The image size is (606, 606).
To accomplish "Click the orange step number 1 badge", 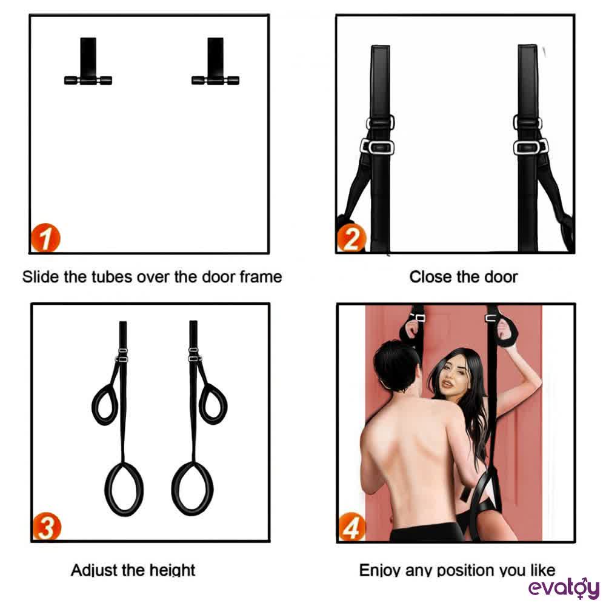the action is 45,238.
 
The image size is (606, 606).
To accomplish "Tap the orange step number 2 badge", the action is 351,238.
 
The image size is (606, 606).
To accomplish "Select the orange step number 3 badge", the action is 47,527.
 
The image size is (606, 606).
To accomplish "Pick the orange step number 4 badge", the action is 351,527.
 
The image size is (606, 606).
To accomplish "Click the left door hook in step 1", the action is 88,61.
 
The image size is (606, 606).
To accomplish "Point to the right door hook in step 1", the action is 215,61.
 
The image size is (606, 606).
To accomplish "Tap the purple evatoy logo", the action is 564,588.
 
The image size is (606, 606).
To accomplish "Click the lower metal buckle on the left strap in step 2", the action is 377,147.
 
